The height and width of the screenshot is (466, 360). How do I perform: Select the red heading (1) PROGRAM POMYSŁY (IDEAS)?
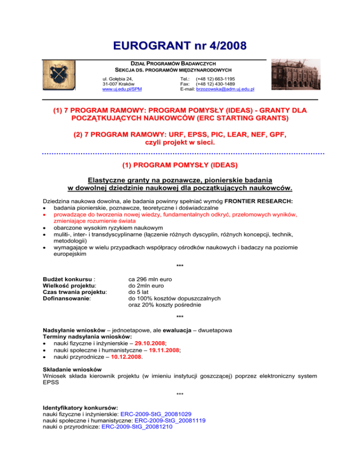coord(180,165)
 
